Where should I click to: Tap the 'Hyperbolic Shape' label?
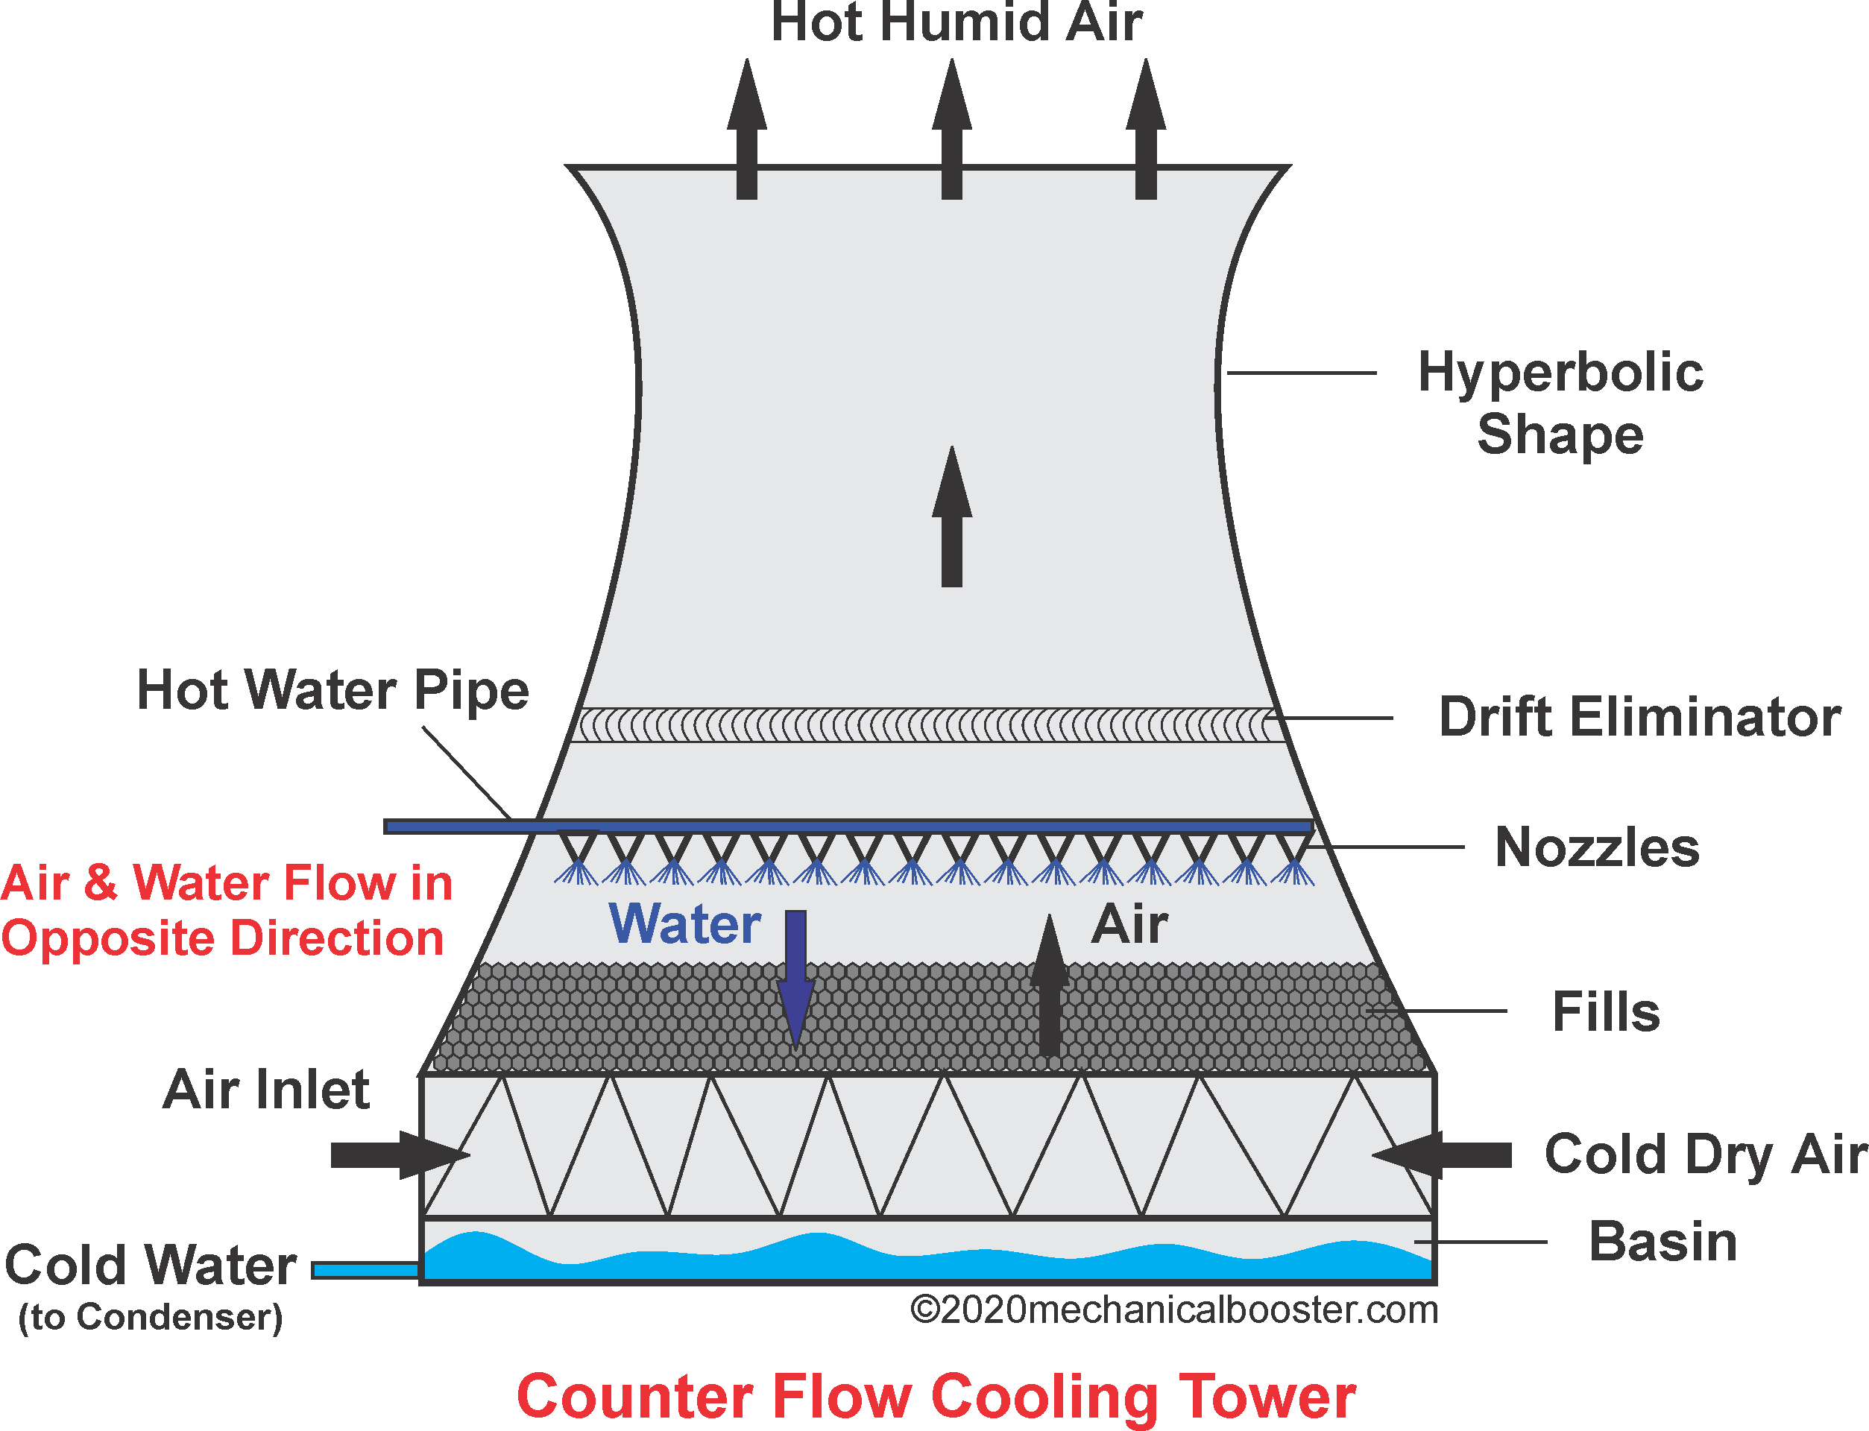tap(1560, 403)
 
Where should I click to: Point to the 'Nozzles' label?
tap(1596, 847)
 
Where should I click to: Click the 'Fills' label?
tap(1606, 1012)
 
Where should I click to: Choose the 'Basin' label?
tap(1662, 1242)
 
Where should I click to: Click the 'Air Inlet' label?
tap(266, 1090)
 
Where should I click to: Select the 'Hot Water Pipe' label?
tap(332, 690)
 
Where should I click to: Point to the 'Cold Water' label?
tap(151, 1265)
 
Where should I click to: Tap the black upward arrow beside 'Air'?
tap(1050, 988)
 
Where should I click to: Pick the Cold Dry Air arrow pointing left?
tap(1441, 1156)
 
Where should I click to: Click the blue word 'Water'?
tap(685, 924)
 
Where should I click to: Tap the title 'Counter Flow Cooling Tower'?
tap(936, 1397)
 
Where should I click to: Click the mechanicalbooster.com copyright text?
tap(1174, 1310)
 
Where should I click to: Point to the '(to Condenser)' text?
tap(151, 1317)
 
